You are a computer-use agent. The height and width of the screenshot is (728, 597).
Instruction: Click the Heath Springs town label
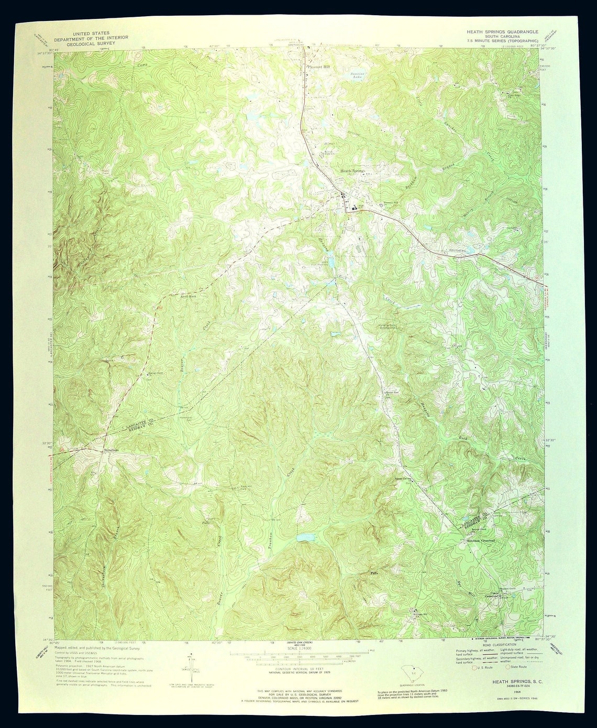point(352,171)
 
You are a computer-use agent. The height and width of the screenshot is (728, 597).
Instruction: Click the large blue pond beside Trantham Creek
point(306,538)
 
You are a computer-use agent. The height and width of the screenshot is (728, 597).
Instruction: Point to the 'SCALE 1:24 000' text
point(297,648)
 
